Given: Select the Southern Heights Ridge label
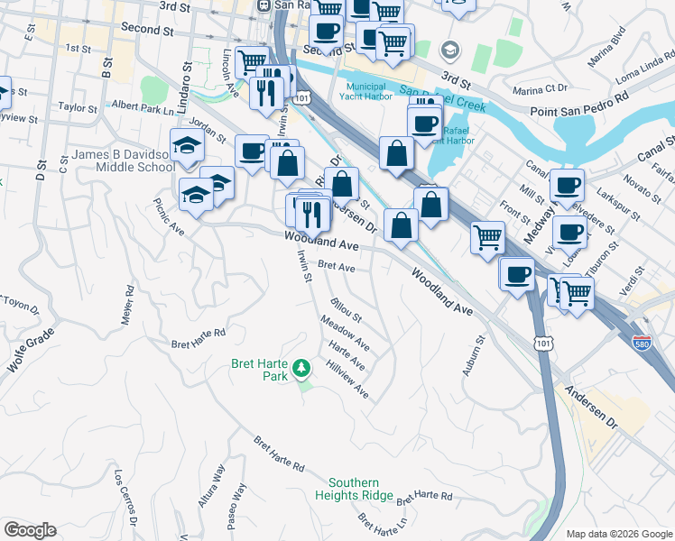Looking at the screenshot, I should [360, 490].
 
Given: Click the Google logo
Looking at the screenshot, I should [30, 530].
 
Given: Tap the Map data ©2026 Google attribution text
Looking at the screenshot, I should [618, 534].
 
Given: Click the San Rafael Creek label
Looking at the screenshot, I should [443, 98].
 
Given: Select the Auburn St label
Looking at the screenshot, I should [475, 355].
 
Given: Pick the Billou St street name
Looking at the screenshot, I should [346, 311].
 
